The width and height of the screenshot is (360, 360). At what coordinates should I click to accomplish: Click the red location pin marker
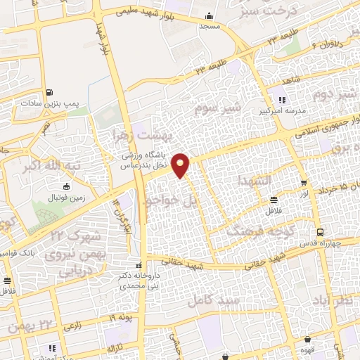[x=181, y=165]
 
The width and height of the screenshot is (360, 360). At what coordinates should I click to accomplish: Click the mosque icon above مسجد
[x=209, y=16]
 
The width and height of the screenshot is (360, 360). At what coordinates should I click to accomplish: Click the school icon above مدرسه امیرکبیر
[x=282, y=99]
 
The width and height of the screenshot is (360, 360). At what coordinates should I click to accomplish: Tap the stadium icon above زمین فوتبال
[x=67, y=187]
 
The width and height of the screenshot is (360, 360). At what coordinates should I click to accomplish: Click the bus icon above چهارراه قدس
[x=321, y=232]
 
